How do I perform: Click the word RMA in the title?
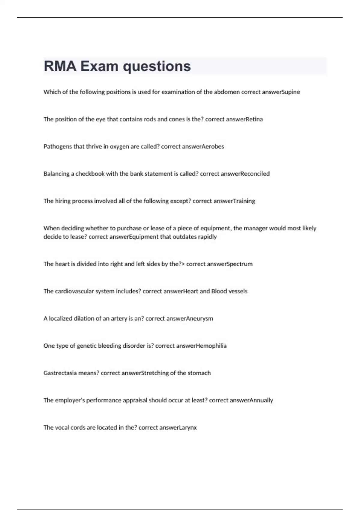pos(60,66)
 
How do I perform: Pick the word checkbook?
pos(90,174)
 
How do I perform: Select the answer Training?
pos(244,201)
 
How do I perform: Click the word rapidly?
pos(207,237)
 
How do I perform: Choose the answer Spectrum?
pos(240,264)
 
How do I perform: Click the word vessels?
pos(238,291)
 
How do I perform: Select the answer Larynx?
pos(188,427)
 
